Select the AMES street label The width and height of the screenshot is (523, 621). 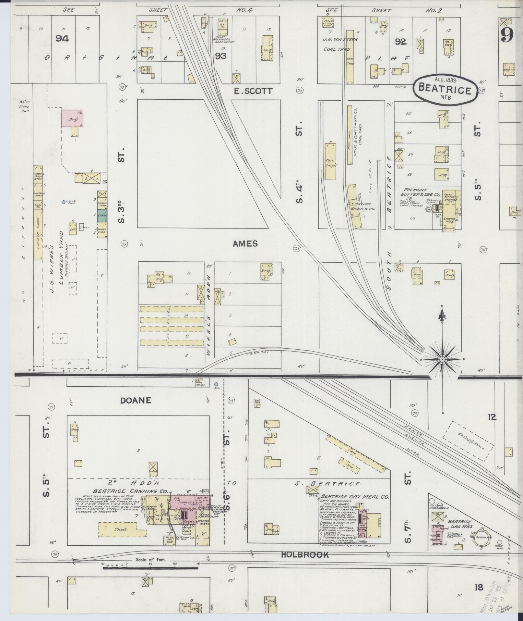245,244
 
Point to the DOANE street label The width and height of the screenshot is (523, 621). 136,400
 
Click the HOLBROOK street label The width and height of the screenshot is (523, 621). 305,555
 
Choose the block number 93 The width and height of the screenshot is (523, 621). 220,56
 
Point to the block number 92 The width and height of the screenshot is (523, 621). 400,42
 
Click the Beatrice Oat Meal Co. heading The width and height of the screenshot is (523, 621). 355,497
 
